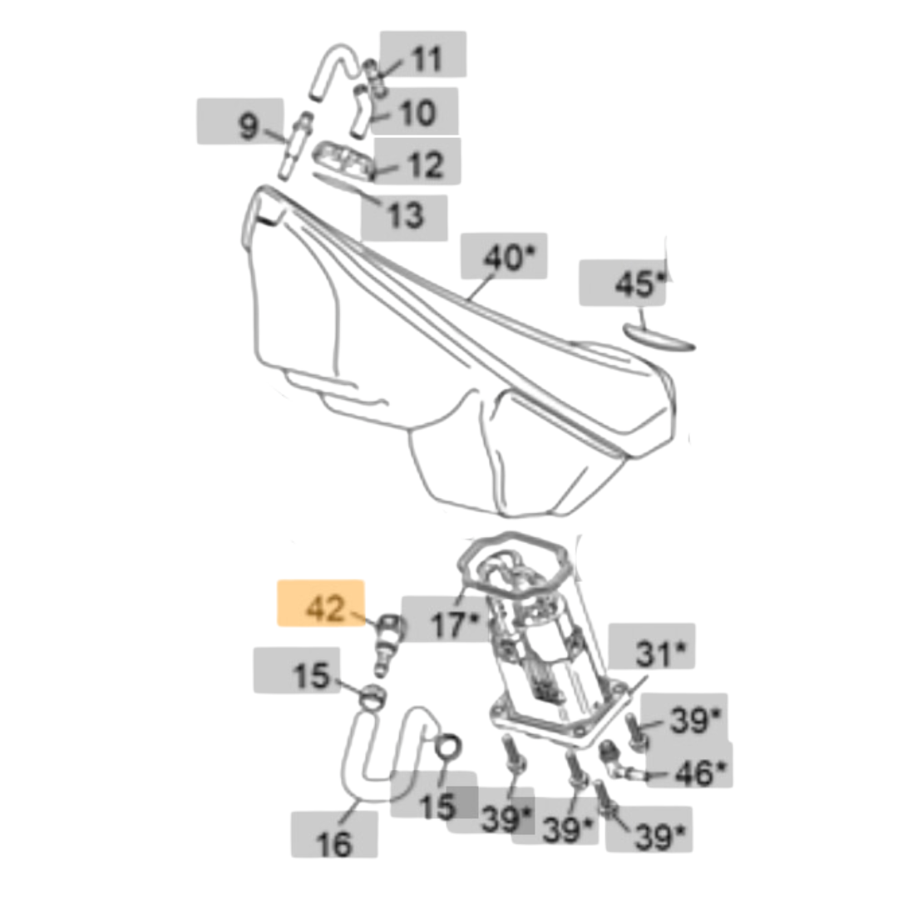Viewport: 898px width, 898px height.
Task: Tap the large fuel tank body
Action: click(x=449, y=374)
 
